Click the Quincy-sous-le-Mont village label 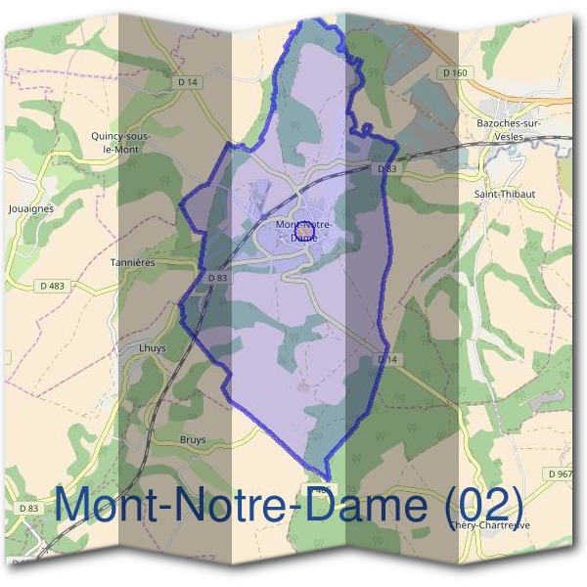[114, 143]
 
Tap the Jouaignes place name [30, 208]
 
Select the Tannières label [134, 262]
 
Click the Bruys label [193, 439]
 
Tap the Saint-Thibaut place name [504, 194]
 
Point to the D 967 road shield [560, 474]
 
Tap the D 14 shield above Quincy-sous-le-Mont [189, 82]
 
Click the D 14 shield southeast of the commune [388, 360]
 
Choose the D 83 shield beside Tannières [217, 278]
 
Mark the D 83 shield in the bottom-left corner [28, 509]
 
